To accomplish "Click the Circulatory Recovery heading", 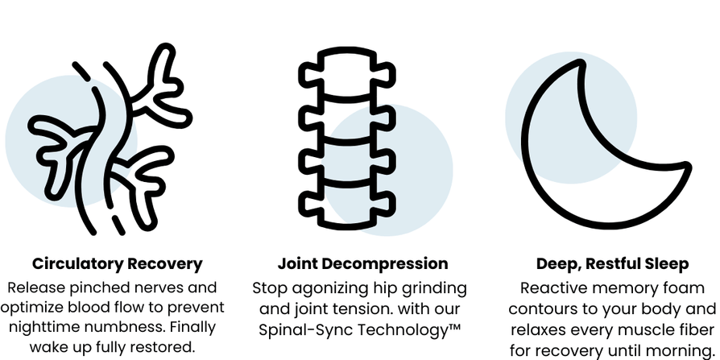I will click(117, 263).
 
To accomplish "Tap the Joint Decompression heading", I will click(362, 263).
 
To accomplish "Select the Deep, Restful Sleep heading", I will click(612, 263).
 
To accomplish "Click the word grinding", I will click(436, 288).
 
